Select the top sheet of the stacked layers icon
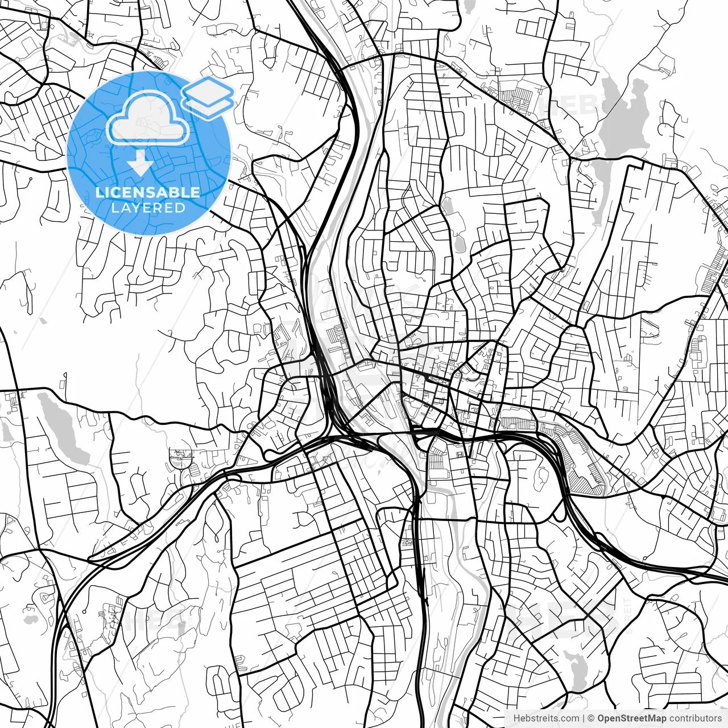point(208,90)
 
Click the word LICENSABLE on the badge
point(148,192)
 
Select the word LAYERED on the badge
point(148,208)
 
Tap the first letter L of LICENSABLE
point(99,192)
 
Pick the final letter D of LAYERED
point(181,208)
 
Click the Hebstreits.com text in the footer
point(546,718)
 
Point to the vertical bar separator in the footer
point(584,718)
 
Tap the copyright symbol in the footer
point(591,718)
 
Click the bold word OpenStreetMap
point(631,718)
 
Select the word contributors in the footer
point(695,718)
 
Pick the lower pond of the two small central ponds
point(458,245)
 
